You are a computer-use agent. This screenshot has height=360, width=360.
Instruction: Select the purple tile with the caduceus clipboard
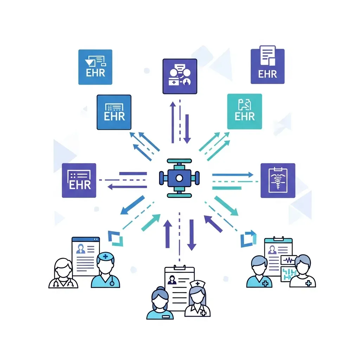278,180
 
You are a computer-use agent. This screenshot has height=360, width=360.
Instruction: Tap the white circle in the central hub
179,178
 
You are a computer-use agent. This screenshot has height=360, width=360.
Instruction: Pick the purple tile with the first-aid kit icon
180,76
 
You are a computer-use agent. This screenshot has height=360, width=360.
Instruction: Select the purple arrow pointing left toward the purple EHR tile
127,186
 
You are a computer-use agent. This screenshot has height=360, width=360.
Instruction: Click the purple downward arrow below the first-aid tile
187,128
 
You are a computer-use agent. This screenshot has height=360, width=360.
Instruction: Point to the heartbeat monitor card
289,261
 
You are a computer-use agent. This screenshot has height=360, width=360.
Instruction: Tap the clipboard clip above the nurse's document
179,268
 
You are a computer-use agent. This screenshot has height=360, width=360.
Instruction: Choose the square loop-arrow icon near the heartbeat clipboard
248,239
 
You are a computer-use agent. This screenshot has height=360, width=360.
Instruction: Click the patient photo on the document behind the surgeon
81,249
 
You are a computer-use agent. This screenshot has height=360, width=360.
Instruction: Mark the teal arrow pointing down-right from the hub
226,206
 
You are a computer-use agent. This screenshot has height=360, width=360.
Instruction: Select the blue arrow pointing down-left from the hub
132,205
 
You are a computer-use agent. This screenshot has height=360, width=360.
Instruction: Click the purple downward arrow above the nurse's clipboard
191,234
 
